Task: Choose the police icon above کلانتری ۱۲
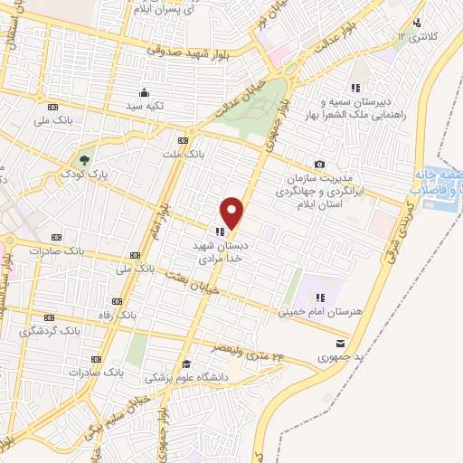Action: point(416,24)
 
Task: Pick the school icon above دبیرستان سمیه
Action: point(356,88)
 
